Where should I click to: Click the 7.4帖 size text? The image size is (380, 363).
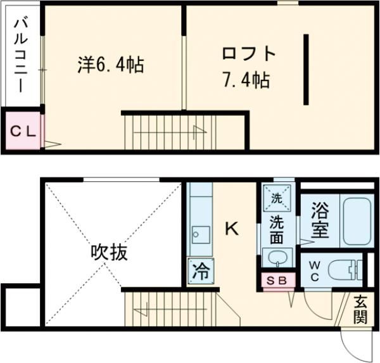pyautogui.click(x=247, y=80)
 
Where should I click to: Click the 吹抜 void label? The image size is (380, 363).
pyautogui.click(x=108, y=253)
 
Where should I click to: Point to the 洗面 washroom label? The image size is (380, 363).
pyautogui.click(x=277, y=230)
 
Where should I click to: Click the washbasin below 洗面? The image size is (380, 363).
pyautogui.click(x=277, y=258)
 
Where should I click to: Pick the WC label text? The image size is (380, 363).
pyautogui.click(x=314, y=271)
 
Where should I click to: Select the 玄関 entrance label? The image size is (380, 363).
pyautogui.click(x=360, y=310)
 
